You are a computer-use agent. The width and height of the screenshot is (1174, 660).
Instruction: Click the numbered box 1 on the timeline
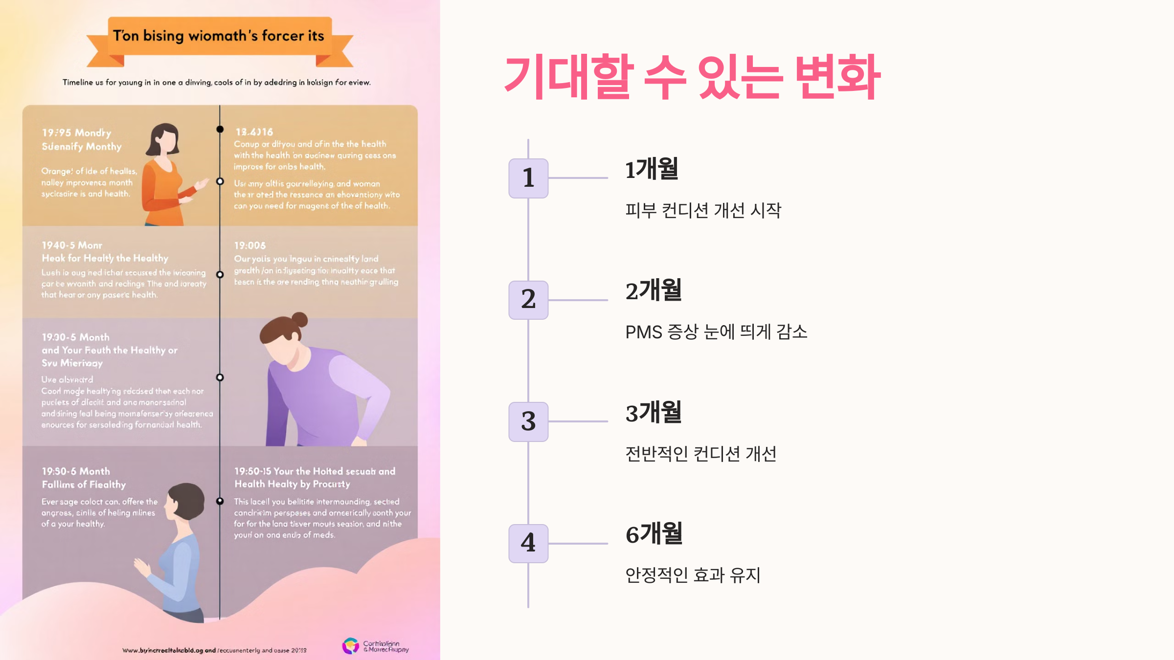coord(528,178)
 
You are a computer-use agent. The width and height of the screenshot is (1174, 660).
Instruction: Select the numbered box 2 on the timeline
coord(528,300)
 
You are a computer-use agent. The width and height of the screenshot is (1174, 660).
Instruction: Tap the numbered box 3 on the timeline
coord(528,421)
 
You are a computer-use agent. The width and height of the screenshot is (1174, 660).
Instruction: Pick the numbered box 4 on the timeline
coord(528,543)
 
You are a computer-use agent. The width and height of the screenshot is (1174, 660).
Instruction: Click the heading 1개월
coord(652,169)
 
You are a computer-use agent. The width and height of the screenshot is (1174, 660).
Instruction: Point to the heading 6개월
coord(654,534)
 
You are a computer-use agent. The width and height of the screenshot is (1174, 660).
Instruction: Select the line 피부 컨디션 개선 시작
coord(703,211)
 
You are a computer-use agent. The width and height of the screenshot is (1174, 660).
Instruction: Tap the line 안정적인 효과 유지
coord(693,575)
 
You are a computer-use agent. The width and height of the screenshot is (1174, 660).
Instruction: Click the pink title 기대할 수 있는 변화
coord(692,77)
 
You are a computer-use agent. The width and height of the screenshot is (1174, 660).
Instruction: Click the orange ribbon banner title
coord(219,36)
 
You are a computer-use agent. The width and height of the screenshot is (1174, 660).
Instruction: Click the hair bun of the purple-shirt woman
coord(299,319)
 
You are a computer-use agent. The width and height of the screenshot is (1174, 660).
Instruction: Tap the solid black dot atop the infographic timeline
coord(220,129)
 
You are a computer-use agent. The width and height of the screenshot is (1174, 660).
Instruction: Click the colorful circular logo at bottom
coord(351,646)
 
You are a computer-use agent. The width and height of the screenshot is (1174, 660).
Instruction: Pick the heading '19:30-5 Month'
coord(76,337)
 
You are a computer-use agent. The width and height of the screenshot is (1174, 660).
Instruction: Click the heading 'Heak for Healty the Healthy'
coord(105,258)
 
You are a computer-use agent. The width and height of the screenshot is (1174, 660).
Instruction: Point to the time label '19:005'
coord(250,245)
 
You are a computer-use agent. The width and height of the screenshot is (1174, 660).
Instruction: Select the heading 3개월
coord(654,413)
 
